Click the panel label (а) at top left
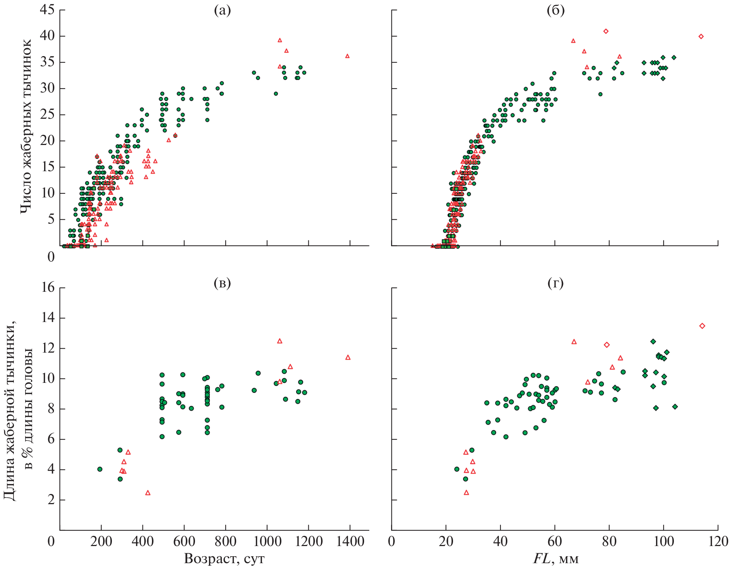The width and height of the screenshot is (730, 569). (222, 11)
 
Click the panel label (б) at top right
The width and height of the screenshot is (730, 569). (555, 11)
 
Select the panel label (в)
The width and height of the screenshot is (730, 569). (222, 283)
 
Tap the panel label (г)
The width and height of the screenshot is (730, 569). (555, 283)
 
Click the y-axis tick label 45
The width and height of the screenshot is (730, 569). (47, 10)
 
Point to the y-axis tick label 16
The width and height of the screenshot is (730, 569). (47, 288)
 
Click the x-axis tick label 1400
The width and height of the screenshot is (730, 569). (350, 542)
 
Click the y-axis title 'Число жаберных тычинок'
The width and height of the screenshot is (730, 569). (26, 126)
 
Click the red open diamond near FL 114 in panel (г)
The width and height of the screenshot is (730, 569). (702, 326)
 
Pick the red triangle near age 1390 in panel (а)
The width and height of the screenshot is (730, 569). (347, 56)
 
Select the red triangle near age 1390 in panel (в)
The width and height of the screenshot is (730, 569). (348, 357)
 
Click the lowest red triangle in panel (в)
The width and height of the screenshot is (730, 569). (148, 493)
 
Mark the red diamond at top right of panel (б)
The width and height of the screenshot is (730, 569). (701, 36)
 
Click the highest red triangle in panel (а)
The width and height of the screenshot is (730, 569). (280, 40)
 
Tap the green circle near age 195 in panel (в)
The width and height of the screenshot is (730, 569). (100, 469)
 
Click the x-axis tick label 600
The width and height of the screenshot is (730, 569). (184, 542)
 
